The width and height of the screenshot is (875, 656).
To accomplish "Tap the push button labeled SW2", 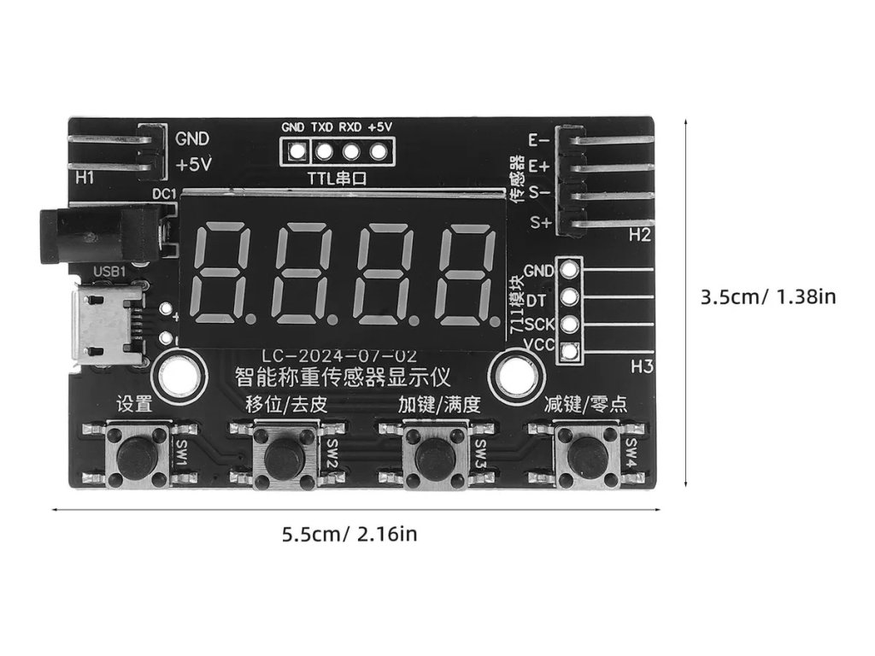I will coord(282,457).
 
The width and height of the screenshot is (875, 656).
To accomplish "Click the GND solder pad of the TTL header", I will coord(297,154).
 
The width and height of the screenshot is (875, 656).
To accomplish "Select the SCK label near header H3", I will coord(539,325).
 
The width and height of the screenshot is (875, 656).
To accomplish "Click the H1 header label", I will coord(85,179).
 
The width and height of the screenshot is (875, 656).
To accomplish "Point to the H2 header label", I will coord(640,235).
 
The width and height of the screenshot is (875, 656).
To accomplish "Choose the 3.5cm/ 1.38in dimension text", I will coord(767,297).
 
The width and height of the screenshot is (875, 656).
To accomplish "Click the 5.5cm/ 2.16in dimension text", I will coord(349,536).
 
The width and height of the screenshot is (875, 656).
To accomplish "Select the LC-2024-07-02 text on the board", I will coord(339,355).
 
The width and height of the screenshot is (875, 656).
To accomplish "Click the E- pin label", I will coord(539,140).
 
